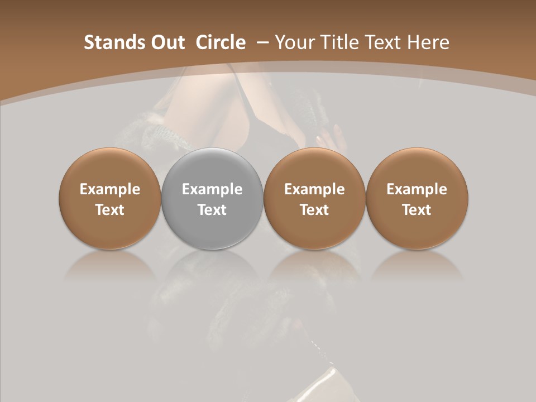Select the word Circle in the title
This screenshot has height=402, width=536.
pyautogui.click(x=221, y=42)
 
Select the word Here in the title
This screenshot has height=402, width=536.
pyautogui.click(x=428, y=42)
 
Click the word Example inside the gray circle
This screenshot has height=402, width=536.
pyautogui.click(x=212, y=189)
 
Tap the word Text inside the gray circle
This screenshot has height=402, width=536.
pyautogui.click(x=212, y=210)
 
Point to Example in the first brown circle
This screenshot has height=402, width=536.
pyautogui.click(x=110, y=189)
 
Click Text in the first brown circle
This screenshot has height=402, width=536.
pyautogui.click(x=110, y=210)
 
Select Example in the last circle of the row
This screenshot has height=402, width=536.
pyautogui.click(x=417, y=189)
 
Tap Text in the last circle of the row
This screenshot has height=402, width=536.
pyautogui.click(x=417, y=210)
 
